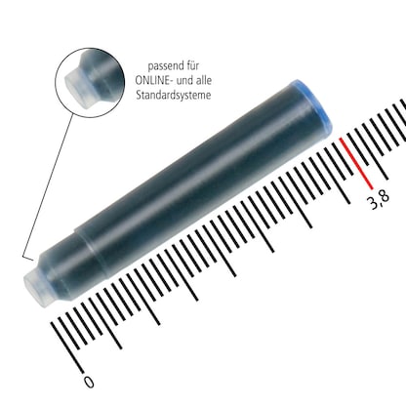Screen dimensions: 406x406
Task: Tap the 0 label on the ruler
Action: pos(89,383)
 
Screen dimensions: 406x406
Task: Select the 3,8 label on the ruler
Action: pos(378,200)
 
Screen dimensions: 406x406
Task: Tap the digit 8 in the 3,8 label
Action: pos(384,199)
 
